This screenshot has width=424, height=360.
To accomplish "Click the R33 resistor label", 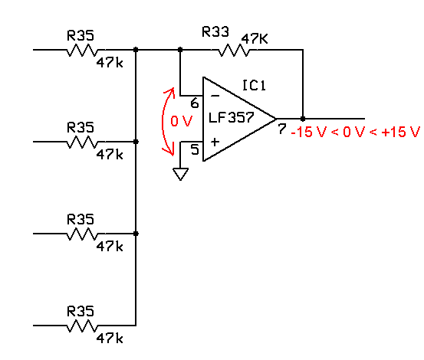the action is point(215,31).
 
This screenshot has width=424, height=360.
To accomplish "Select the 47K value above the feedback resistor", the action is point(255,39).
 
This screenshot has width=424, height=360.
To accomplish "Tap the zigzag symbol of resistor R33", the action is point(234,51).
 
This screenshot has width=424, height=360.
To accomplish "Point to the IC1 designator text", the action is point(254,85).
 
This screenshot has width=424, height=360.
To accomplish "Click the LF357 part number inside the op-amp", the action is point(232,117).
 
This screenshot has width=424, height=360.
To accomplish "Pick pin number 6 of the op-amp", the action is point(195,103).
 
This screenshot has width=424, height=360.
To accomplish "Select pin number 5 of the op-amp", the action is point(195,149).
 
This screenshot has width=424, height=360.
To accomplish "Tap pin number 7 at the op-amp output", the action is point(281,129).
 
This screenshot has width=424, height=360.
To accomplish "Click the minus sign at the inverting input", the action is point(215,96).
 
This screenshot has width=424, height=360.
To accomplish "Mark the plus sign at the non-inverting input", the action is point(215,142).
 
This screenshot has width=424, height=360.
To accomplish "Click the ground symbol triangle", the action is point(180,174).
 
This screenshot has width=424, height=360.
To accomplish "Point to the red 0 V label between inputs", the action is point(182,121).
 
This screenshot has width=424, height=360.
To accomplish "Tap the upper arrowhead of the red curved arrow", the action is point(169,91).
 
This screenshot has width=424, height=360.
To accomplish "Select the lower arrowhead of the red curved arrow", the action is point(169,151).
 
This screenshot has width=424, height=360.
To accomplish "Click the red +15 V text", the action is point(400,132).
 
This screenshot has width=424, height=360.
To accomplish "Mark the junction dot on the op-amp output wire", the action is point(303,119).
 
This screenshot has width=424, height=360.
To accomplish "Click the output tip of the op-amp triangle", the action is point(276,119).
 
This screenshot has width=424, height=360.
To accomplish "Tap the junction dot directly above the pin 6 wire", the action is point(180,50).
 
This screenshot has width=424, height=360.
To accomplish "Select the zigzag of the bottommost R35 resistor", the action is point(82,326).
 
